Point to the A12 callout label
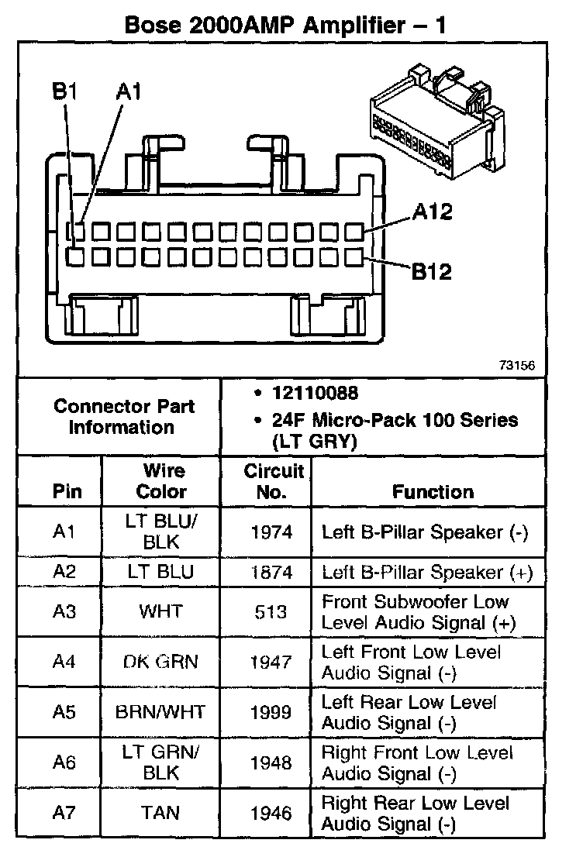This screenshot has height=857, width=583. (432, 212)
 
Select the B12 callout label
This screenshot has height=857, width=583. (431, 271)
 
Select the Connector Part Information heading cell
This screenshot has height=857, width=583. (124, 416)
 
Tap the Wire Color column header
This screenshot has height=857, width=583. (162, 481)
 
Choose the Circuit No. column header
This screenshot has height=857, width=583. (266, 481)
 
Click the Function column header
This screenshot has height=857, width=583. (433, 491)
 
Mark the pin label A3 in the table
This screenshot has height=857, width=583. (64, 611)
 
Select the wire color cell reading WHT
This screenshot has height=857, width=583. (161, 611)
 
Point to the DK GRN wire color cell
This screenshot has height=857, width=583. (161, 662)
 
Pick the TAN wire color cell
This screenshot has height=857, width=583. (161, 813)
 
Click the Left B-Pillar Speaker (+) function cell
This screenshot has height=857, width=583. (427, 573)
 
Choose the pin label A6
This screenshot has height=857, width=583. (64, 762)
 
